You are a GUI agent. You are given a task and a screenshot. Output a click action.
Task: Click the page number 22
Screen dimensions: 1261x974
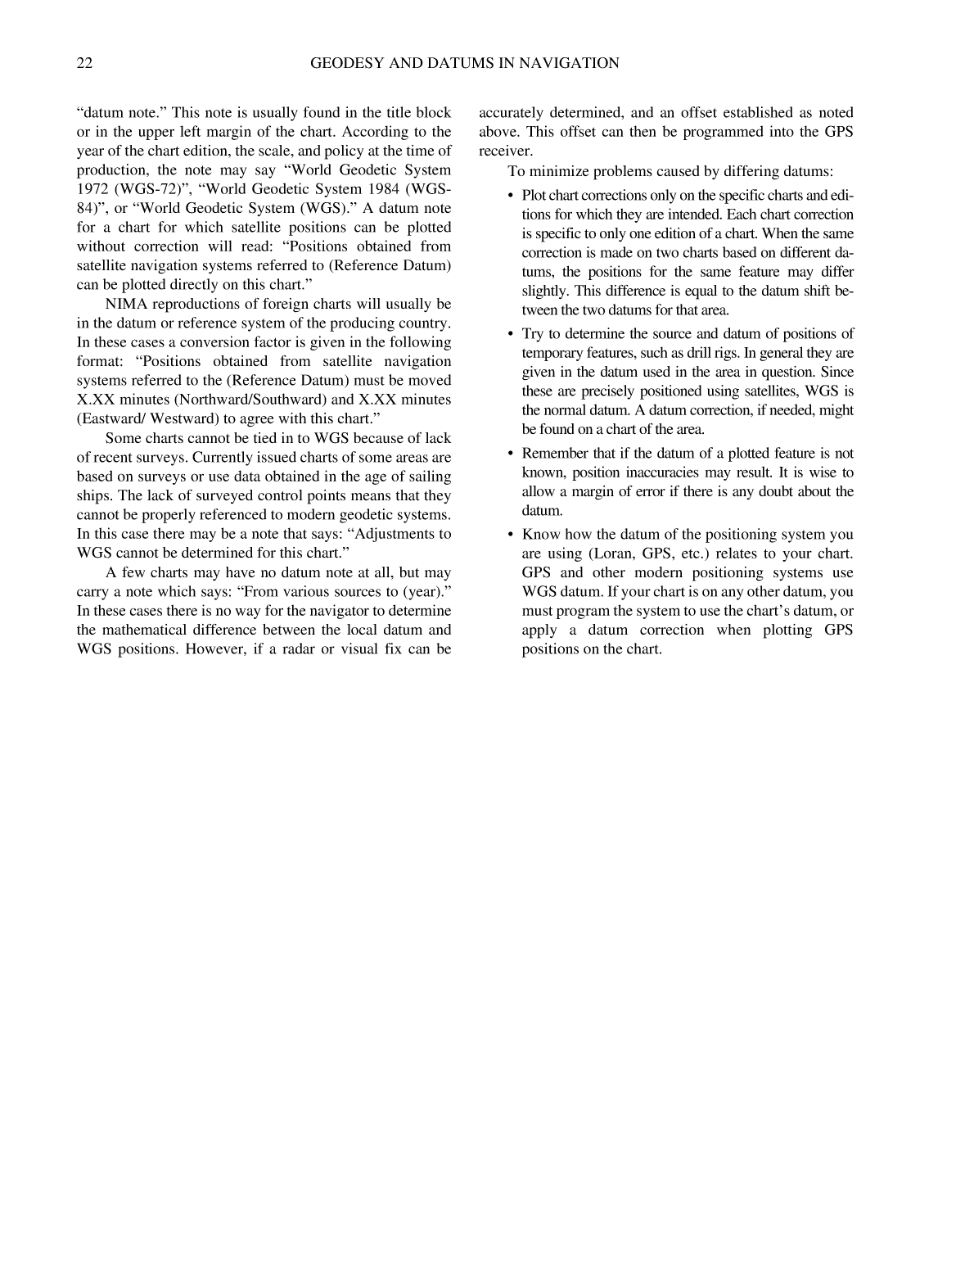(84, 63)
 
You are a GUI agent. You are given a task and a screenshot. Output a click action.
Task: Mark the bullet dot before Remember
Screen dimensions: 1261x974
(511, 454)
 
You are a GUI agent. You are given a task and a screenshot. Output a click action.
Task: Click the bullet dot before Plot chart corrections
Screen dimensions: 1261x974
(511, 196)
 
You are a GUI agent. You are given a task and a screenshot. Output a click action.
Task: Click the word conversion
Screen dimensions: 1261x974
(199, 342)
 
